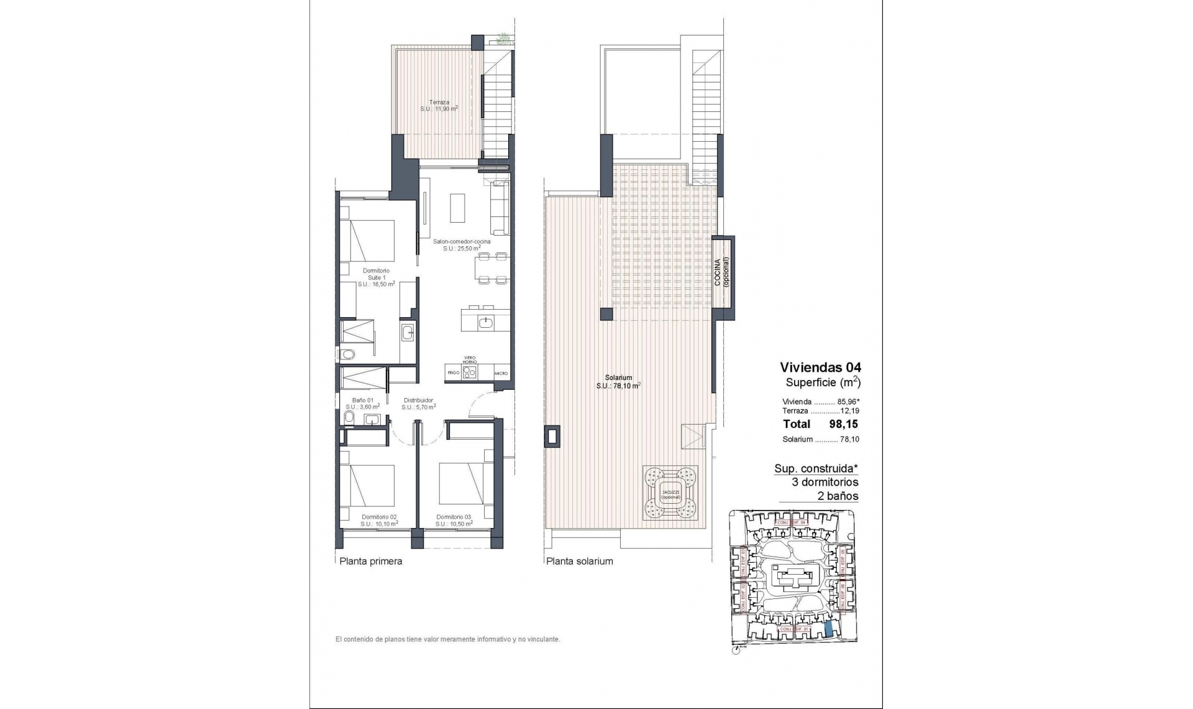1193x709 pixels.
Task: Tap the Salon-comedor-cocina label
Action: (462, 241)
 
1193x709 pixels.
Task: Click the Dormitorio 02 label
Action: (379, 517)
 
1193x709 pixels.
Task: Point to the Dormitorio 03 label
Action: (454, 517)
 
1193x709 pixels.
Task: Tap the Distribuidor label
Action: (418, 401)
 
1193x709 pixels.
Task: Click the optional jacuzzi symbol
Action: (670, 494)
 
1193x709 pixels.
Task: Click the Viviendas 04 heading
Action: (820, 368)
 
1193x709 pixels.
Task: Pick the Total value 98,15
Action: (843, 424)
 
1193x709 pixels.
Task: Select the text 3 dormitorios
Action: (825, 482)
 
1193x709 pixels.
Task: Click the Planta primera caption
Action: (370, 561)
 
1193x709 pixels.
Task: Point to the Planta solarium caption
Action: (579, 561)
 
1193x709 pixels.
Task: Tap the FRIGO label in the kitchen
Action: (453, 373)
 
